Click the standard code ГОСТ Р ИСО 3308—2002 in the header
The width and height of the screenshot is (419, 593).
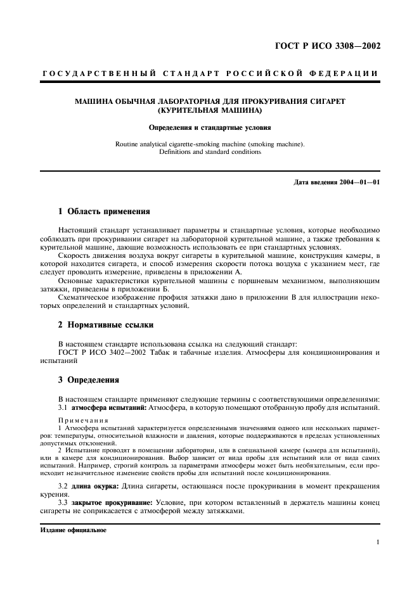click(x=328, y=46)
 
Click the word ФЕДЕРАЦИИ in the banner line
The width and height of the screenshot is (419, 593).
click(x=347, y=73)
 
